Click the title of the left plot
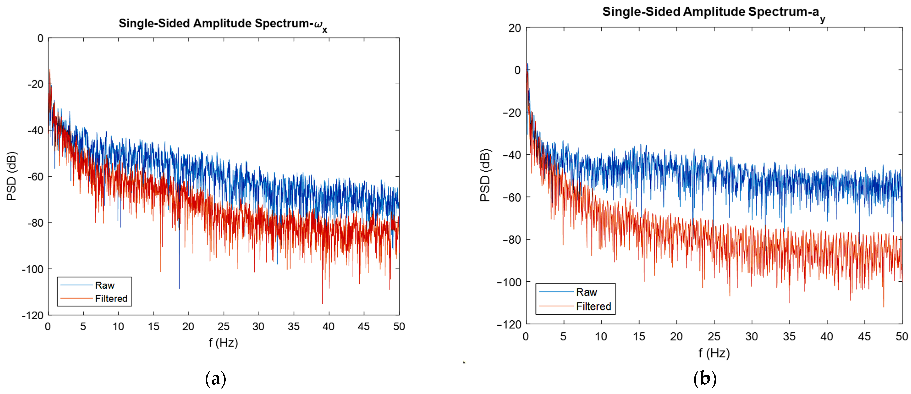(222, 24)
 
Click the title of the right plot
(713, 12)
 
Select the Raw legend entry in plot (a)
(104, 285)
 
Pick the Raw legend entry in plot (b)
(586, 292)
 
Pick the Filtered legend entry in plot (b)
(593, 306)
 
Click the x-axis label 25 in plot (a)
(223, 326)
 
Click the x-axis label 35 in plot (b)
(789, 336)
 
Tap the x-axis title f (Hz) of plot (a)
(223, 343)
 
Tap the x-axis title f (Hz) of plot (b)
(714, 353)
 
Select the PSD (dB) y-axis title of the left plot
(12, 176)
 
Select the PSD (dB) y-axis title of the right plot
(485, 175)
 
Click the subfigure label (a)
(215, 379)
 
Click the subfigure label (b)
(705, 379)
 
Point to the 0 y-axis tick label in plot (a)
(40, 38)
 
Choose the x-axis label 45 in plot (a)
(364, 326)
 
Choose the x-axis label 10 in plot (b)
(601, 336)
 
